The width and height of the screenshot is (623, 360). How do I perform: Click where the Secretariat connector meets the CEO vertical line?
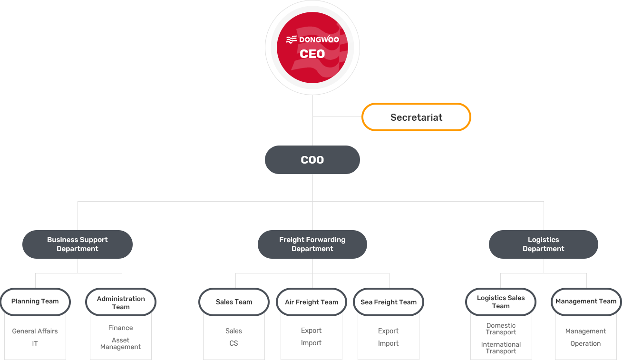[x=312, y=117]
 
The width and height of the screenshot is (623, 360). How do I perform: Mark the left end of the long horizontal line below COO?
[x=78, y=201]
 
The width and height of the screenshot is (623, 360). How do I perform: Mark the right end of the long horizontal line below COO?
[x=544, y=201]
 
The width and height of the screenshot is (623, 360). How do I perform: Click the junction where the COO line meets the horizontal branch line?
[x=312, y=201]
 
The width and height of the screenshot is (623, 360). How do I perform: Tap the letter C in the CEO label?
[x=304, y=54]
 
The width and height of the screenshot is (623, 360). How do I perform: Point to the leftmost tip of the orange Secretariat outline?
[x=362, y=117]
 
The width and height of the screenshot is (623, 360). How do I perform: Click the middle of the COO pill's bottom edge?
[x=312, y=174]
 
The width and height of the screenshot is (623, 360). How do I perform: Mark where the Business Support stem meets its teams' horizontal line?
[x=78, y=273]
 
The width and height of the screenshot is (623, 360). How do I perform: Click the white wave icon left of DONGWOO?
[x=291, y=40]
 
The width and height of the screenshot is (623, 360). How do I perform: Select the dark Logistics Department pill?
[x=544, y=244]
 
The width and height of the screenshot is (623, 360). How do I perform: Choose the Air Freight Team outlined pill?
[x=311, y=302]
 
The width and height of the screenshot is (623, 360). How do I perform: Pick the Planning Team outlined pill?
[x=35, y=302]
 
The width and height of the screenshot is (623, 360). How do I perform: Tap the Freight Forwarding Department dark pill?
[x=312, y=244]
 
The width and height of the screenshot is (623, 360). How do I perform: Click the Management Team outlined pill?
[x=586, y=302]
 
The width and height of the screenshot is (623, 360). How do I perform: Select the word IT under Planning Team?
[x=35, y=343]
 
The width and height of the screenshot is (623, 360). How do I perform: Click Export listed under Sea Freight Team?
[x=388, y=331]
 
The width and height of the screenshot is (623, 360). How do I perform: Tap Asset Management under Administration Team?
[x=120, y=343]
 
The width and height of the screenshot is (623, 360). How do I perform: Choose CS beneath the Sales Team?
[x=234, y=343]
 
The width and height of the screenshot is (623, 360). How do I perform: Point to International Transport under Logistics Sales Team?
[x=501, y=348]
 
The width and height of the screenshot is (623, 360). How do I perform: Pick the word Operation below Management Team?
[x=585, y=343]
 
